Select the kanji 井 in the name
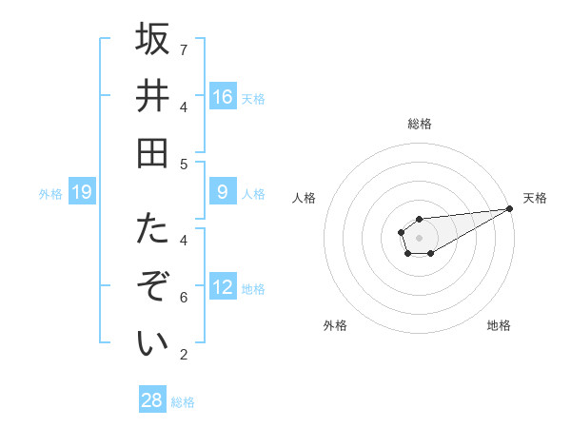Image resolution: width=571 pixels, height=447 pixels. (152, 96)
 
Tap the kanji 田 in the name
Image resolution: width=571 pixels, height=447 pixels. (152, 153)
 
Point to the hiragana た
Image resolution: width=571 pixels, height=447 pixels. (152, 229)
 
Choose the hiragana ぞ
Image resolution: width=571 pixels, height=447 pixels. (152, 286)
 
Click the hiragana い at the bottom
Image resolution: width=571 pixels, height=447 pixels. (152, 343)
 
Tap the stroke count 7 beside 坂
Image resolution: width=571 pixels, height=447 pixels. (184, 49)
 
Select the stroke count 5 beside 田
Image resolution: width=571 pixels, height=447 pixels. (184, 164)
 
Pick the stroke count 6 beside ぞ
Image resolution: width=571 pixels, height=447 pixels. (184, 298)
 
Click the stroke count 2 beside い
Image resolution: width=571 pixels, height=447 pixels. (184, 355)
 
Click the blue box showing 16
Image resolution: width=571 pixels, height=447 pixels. (222, 96)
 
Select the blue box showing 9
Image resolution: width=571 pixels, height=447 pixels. (222, 192)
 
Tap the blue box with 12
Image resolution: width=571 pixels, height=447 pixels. (222, 287)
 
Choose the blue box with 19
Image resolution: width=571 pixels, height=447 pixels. (81, 193)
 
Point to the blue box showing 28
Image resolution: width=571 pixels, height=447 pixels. (152, 400)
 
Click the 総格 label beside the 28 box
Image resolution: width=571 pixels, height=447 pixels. (183, 402)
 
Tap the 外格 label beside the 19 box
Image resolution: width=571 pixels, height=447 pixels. (50, 194)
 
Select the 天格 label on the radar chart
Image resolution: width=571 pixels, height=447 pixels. (535, 198)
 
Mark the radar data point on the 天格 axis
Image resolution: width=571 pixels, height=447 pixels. (510, 208)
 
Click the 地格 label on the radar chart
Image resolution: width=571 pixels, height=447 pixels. (499, 325)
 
